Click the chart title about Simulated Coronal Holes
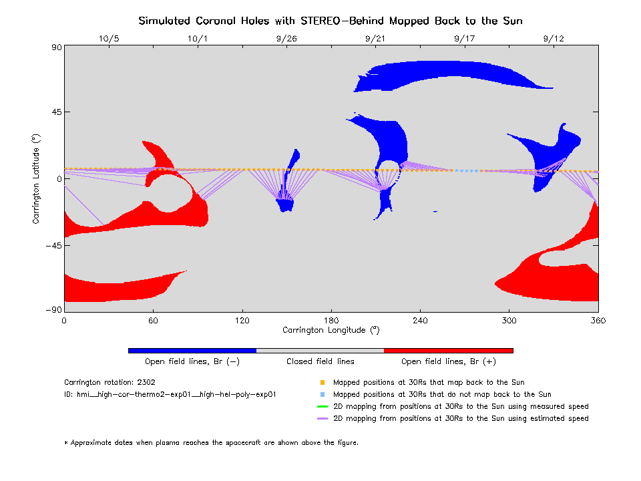point(330,21)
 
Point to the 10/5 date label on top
point(109,39)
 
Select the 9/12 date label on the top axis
point(554,39)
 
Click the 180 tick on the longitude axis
point(331,321)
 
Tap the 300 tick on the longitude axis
point(509,321)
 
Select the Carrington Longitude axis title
point(331,330)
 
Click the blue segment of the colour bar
point(192,350)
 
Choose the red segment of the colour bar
point(448,350)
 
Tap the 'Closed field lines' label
point(320,361)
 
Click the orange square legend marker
point(322,383)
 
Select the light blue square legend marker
point(322,395)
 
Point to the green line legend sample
point(322,406)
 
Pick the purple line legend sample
point(322,418)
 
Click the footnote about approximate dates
point(211,442)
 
